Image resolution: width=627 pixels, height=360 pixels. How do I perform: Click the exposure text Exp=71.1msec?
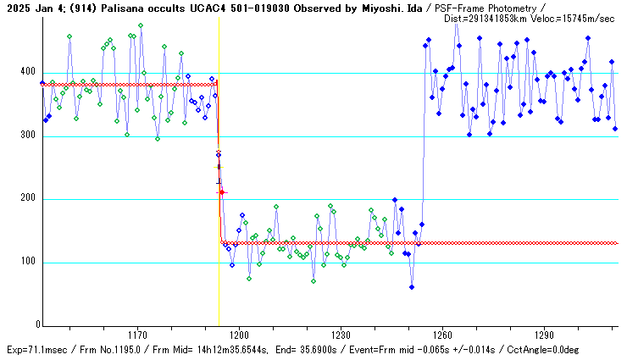click(38, 350)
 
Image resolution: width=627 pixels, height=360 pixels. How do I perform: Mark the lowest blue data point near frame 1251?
click(412, 287)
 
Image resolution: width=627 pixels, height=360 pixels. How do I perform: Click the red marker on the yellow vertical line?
click(222, 192)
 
